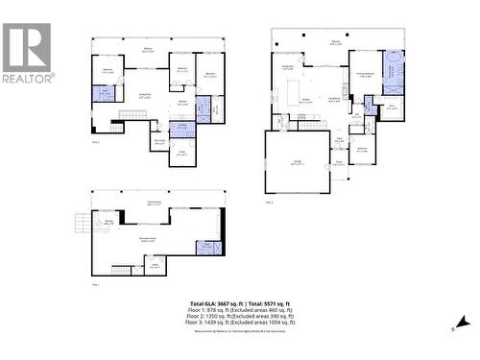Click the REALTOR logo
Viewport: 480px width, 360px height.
pyautogui.click(x=27, y=53)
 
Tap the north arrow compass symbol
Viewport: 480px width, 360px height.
pyautogui.click(x=462, y=323)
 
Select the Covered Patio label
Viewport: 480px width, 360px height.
pyautogui.click(x=154, y=202)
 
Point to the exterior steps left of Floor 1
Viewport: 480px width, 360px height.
pyautogui.click(x=83, y=226)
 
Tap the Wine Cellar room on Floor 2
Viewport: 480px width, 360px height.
pyautogui.click(x=159, y=140)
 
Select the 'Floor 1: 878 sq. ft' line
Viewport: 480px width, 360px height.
pyautogui.click(x=240, y=310)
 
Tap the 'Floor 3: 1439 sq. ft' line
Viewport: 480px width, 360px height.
pyautogui.click(x=240, y=324)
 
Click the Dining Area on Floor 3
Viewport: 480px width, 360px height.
pyautogui.click(x=287, y=66)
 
